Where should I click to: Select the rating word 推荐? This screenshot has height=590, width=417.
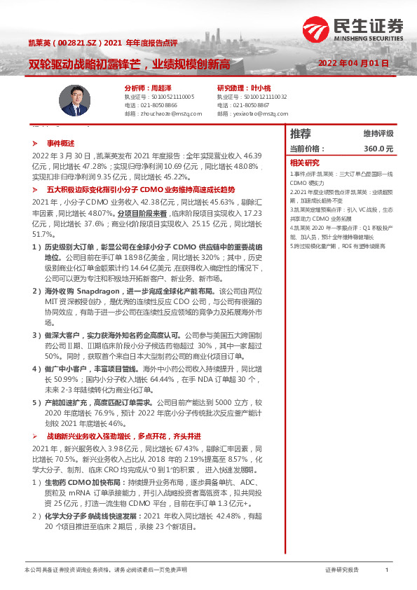[x=301, y=133]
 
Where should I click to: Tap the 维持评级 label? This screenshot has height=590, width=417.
[x=378, y=133]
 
